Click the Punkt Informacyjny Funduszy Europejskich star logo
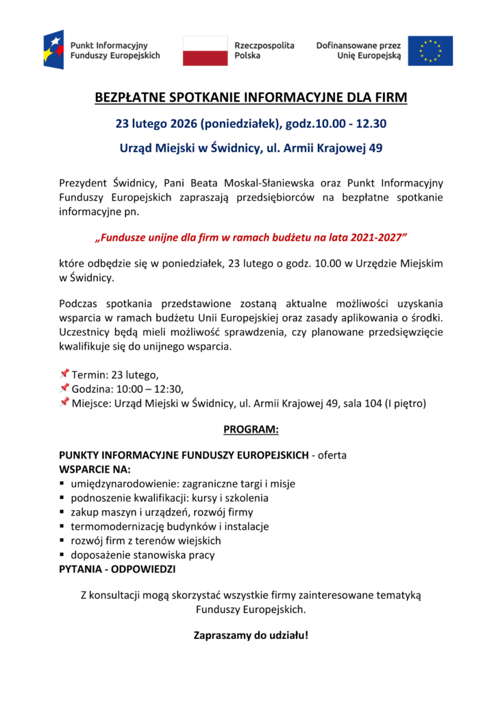point(53,49)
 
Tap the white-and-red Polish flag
point(205,51)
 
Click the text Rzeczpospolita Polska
point(264,50)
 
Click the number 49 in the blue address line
point(375,147)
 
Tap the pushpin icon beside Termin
point(64,374)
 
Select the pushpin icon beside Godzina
point(64,388)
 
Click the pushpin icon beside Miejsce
point(64,402)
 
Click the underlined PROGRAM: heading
point(251,430)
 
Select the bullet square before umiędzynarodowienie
point(62,484)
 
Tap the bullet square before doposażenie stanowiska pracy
point(62,555)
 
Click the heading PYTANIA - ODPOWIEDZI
point(117,570)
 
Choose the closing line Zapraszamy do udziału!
point(251,635)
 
